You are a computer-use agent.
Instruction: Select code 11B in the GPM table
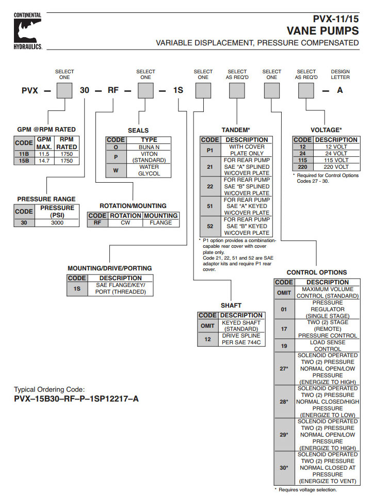(24, 153)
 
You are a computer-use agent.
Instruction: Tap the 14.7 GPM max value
(45, 161)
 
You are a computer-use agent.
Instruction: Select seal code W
(116, 170)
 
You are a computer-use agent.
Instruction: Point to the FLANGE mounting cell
(161, 223)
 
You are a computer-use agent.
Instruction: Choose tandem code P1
(209, 150)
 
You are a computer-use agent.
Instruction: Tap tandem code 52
(209, 226)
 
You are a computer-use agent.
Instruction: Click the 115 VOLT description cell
(336, 160)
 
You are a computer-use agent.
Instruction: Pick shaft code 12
(207, 340)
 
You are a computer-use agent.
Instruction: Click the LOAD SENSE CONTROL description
(327, 346)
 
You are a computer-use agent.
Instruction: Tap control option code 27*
(284, 369)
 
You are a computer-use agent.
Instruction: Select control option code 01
(284, 309)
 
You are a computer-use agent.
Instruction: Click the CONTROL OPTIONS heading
(316, 272)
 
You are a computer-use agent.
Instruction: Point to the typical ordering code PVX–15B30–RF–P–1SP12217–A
(76, 399)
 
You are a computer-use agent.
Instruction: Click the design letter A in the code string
(340, 90)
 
